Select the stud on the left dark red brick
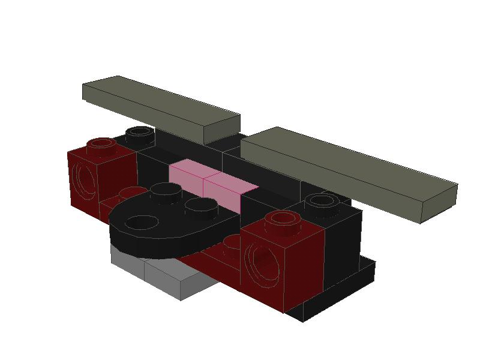coord(102,145)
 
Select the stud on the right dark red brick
coord(283,220)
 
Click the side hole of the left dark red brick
coord(83,179)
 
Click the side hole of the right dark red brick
coord(262,263)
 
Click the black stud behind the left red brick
coord(139,131)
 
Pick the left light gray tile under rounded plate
coord(128,264)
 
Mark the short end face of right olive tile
coord(438,204)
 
